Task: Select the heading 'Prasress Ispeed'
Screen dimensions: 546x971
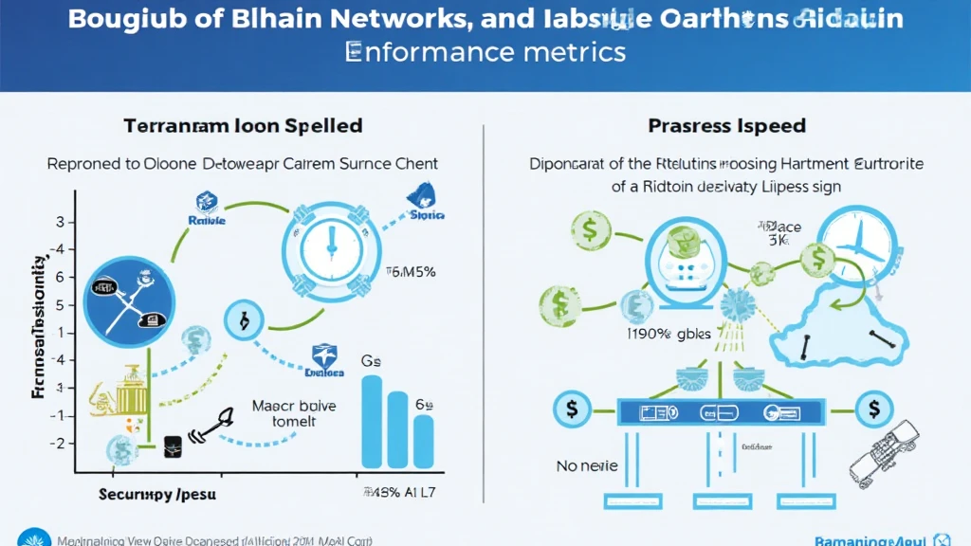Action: pyautogui.click(x=727, y=125)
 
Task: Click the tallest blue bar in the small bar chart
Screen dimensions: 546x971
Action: pyautogui.click(x=373, y=421)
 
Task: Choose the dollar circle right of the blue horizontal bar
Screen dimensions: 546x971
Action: pyautogui.click(x=871, y=411)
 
